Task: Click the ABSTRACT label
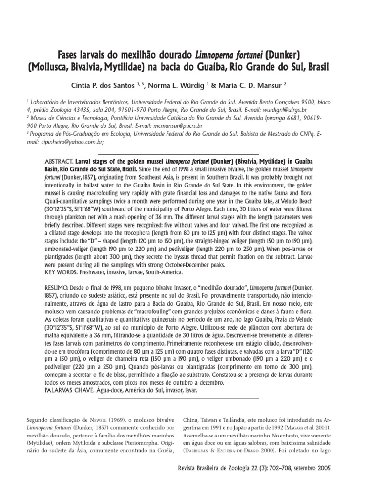coord(59,161)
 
